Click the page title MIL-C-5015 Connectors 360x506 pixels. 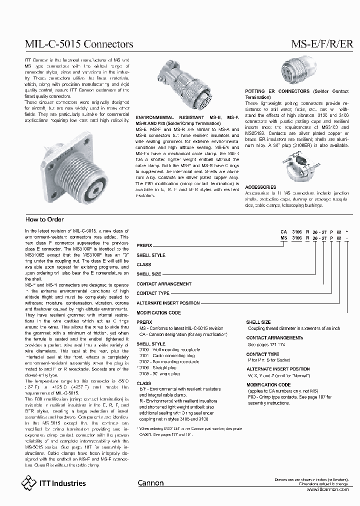[x=79, y=44]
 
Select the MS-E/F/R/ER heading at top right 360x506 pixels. [x=322, y=44]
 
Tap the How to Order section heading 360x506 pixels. [x=44, y=219]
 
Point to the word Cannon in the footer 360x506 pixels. [x=149, y=483]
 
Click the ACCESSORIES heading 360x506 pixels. [x=260, y=187]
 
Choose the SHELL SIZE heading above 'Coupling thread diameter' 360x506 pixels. [x=258, y=322]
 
